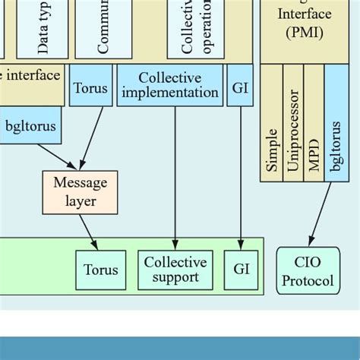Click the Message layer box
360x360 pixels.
pyautogui.click(x=80, y=191)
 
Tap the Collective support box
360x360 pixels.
pyautogui.click(x=175, y=270)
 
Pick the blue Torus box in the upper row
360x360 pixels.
pyautogui.click(x=90, y=85)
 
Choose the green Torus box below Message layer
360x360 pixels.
pyautogui.click(x=101, y=270)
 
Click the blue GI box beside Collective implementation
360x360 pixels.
pyautogui.click(x=241, y=85)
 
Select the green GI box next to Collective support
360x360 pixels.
pyautogui.click(x=242, y=270)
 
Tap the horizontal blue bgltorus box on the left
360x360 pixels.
pyautogui.click(x=30, y=126)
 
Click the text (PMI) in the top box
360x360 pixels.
pyautogui.click(x=304, y=33)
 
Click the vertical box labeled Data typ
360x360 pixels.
pyautogui.click(x=43, y=29)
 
